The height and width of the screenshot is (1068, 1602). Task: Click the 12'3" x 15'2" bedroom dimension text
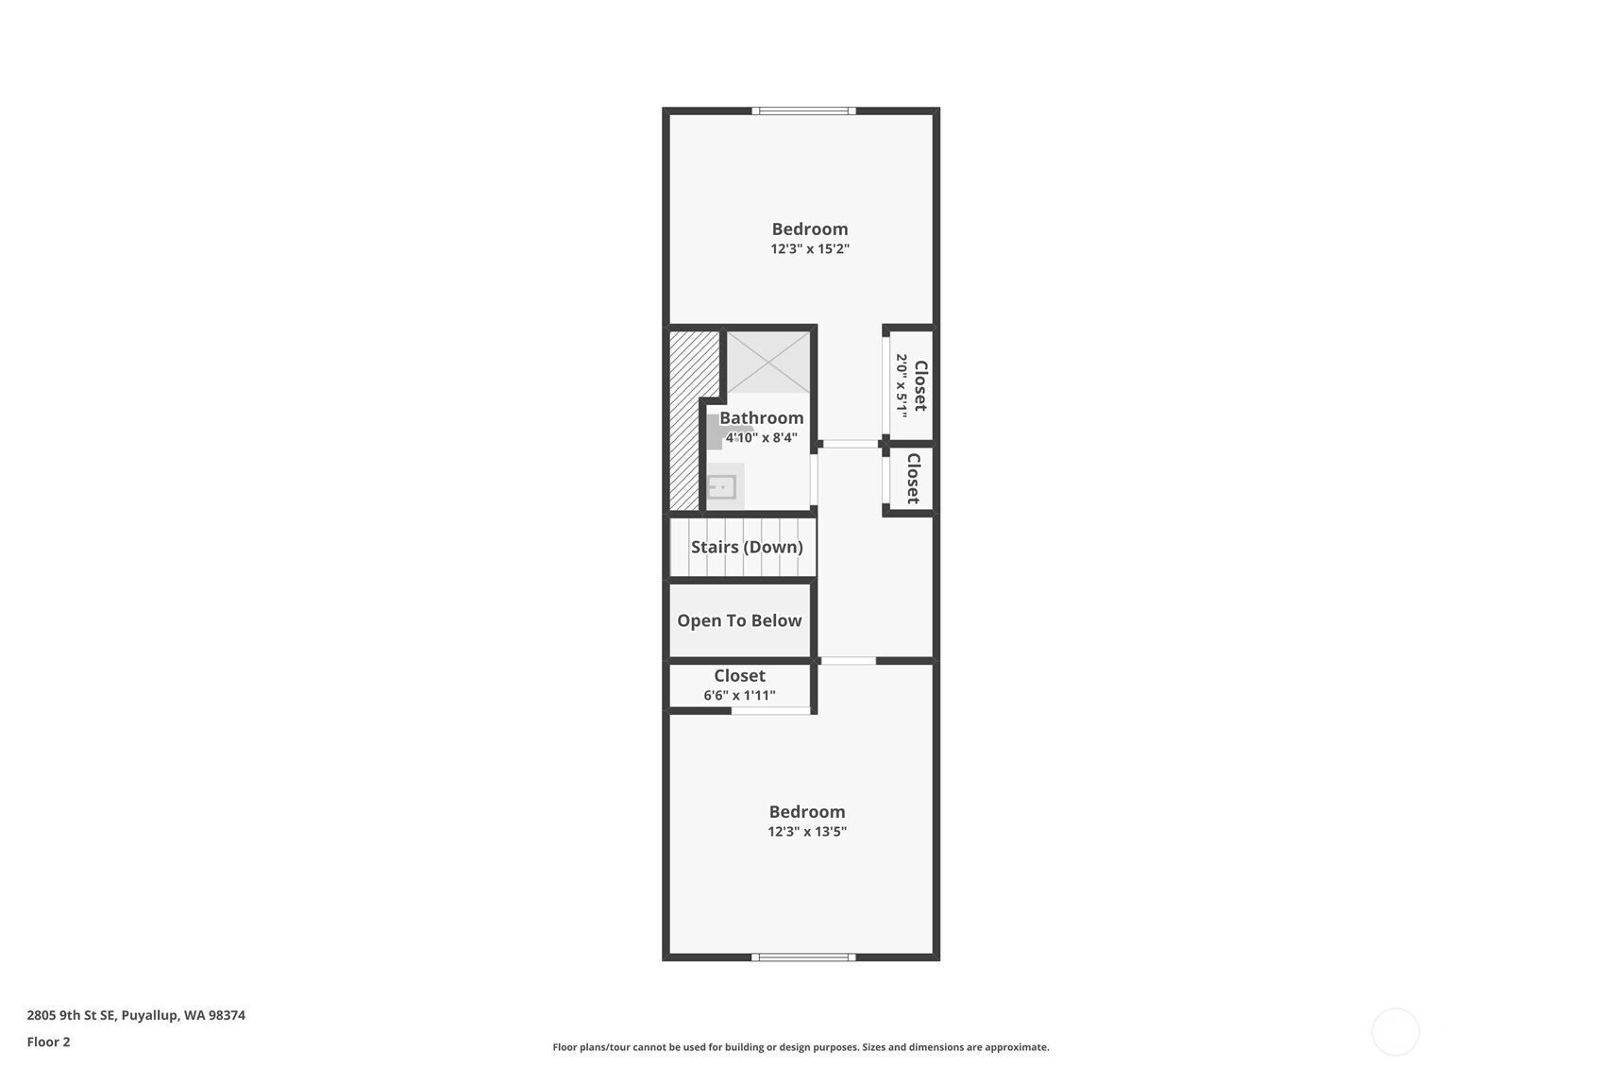810,249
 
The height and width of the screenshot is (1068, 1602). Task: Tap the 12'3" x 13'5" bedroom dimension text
807,831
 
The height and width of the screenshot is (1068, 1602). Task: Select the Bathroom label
761,417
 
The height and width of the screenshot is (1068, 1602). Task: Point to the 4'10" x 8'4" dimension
761,438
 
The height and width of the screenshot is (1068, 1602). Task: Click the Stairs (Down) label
747,548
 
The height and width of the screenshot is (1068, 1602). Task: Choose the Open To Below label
739,621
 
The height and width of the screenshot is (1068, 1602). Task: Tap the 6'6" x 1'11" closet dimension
739,695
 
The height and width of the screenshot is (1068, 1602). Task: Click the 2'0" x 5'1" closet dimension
902,386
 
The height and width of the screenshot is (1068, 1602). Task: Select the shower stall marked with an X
768,362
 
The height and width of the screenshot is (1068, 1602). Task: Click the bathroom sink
723,487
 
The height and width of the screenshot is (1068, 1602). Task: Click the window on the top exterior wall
804,110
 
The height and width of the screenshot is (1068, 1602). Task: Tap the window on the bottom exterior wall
803,958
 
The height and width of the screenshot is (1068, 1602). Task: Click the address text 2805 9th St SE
71,1015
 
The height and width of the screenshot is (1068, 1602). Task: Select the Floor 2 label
49,1043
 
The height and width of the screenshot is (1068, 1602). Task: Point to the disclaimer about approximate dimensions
801,1047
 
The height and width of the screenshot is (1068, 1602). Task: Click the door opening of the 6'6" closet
771,710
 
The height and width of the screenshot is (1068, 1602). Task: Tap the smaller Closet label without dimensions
913,479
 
